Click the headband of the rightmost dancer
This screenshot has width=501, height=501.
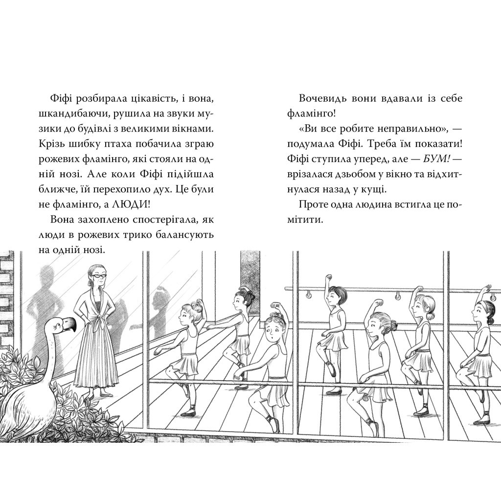[480, 303]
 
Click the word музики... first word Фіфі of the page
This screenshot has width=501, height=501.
[60, 98]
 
